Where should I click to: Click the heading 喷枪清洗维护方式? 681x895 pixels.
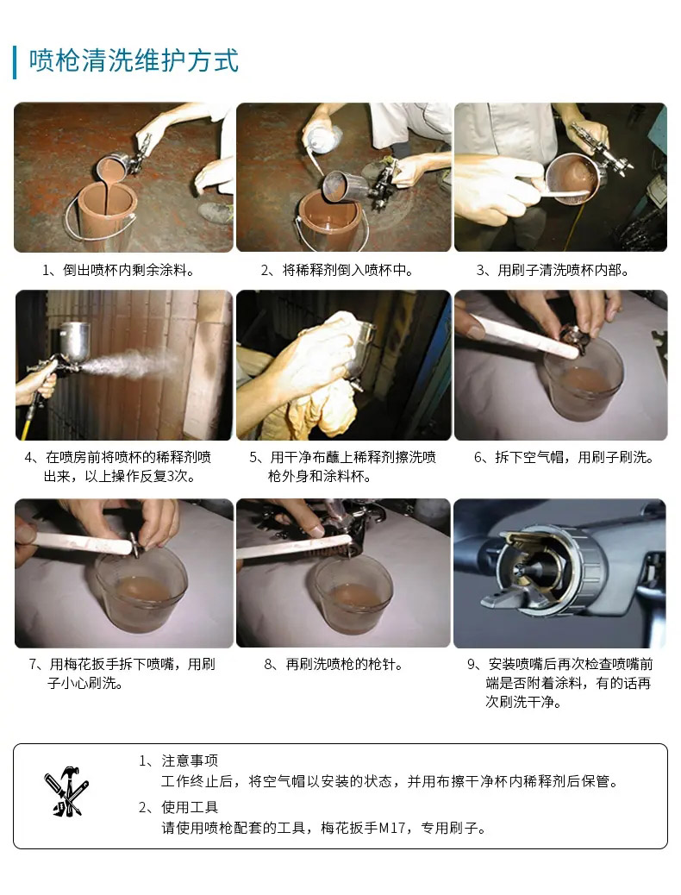(134, 61)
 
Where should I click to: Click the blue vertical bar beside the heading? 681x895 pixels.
(15, 62)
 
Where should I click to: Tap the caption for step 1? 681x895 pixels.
(119, 270)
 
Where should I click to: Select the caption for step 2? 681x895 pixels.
(337, 270)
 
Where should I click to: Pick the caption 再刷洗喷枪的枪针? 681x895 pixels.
(344, 665)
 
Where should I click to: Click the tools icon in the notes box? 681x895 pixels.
(66, 792)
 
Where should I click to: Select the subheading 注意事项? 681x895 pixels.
(190, 760)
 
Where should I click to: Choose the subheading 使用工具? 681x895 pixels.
(190, 807)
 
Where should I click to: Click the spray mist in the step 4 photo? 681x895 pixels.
(131, 363)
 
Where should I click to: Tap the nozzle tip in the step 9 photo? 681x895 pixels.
(520, 571)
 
